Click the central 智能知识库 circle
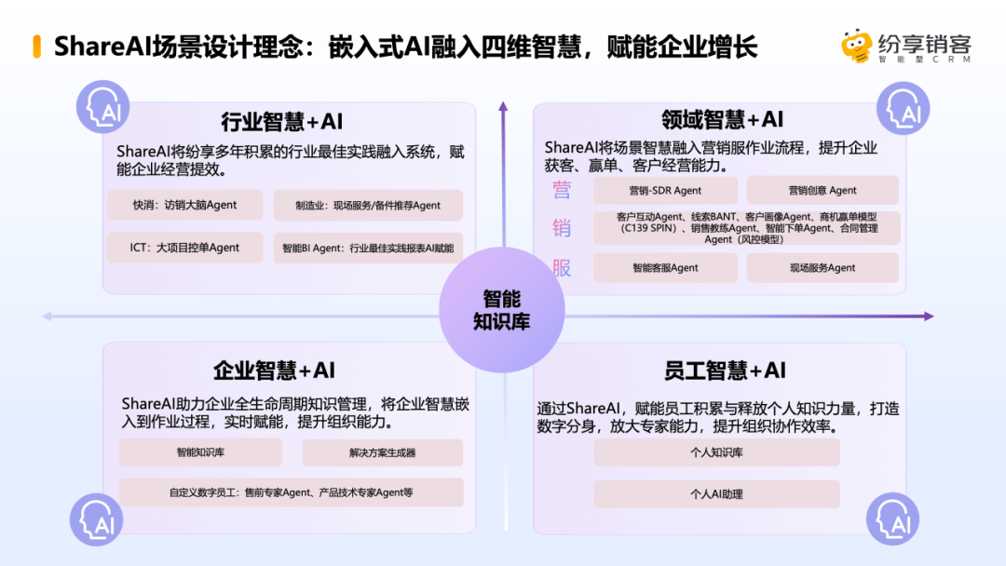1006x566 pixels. tap(502, 310)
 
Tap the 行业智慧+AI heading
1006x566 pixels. tap(281, 121)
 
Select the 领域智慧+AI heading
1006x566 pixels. tap(723, 119)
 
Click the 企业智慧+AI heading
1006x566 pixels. tap(274, 370)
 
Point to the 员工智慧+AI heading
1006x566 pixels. tap(725, 370)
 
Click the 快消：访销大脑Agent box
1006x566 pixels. tap(184, 205)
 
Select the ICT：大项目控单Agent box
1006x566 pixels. tap(184, 248)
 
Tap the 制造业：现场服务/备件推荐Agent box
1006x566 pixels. tap(368, 205)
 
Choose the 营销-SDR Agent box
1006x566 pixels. tap(665, 191)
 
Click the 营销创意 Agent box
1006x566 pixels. tap(822, 191)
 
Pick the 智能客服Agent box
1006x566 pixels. tap(665, 268)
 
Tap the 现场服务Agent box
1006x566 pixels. tap(822, 268)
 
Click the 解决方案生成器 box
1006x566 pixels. tap(383, 452)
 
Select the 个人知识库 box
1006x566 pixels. tap(716, 452)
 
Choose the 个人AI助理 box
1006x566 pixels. tap(716, 494)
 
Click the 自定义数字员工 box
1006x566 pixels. tap(292, 492)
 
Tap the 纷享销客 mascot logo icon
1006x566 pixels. tap(857, 47)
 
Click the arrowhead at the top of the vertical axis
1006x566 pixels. tap(503, 106)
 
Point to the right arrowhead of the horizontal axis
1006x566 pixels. tap(929, 316)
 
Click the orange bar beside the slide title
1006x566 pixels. tap(37, 47)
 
